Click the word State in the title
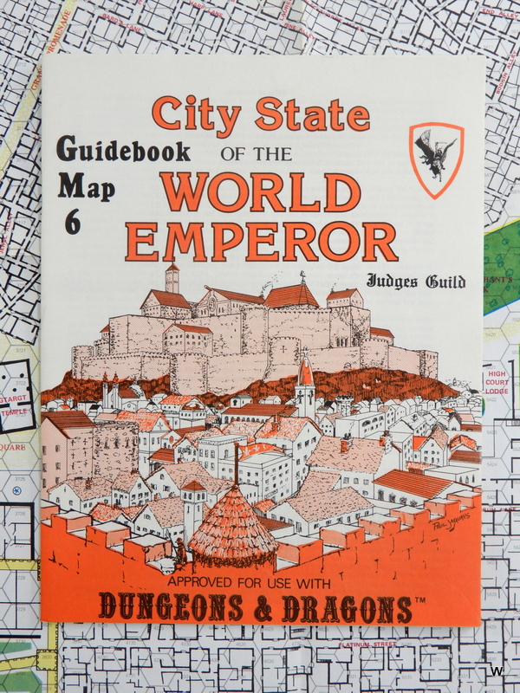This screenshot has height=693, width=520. pyautogui.click(x=314, y=114)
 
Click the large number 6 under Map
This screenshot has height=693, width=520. pyautogui.click(x=73, y=222)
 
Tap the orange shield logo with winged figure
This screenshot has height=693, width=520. pyautogui.click(x=436, y=159)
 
